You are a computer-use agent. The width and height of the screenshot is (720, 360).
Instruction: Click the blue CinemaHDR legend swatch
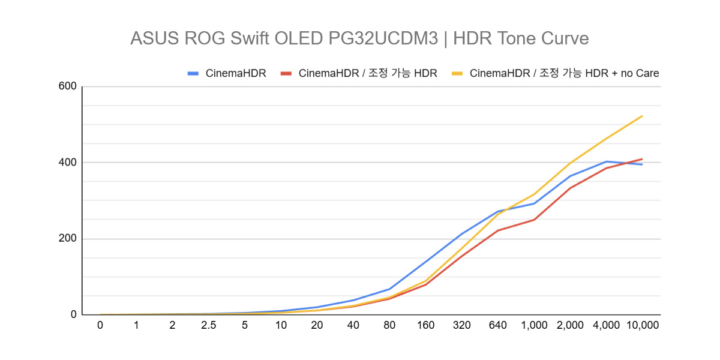(x=193, y=74)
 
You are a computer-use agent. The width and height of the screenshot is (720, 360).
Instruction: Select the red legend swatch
(x=286, y=74)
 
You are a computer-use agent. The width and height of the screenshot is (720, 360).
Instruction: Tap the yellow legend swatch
(x=457, y=74)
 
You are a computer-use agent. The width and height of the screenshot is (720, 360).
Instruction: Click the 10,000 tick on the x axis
(x=642, y=325)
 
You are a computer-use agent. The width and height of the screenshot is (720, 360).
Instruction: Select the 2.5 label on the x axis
(x=208, y=325)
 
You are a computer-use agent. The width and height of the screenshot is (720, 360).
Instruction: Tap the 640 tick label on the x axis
(x=497, y=325)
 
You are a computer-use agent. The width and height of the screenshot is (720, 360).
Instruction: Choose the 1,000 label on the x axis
(x=534, y=325)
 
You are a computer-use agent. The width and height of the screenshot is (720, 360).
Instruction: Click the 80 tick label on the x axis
(x=389, y=325)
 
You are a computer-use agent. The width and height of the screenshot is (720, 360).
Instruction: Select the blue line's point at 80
(x=389, y=289)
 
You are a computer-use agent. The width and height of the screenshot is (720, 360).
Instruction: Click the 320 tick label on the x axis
(x=461, y=325)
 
